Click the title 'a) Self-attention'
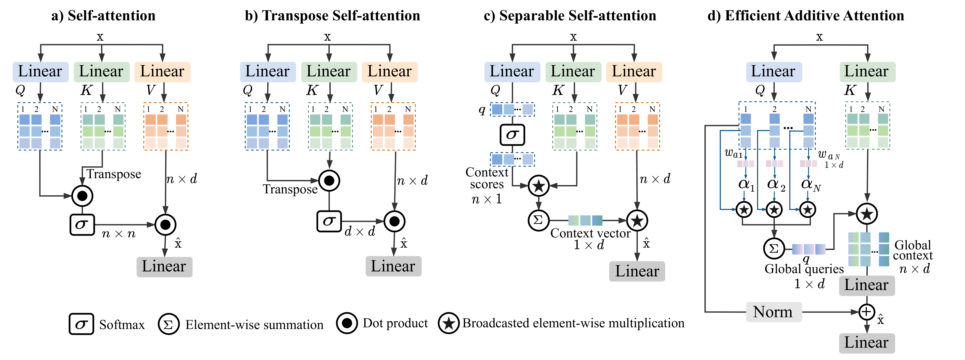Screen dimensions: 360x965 point(103,16)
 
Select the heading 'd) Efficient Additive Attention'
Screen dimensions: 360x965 point(805,16)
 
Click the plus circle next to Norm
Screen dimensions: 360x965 point(866,312)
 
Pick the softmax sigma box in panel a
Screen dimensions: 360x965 point(82,224)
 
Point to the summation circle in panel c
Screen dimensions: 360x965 point(538,220)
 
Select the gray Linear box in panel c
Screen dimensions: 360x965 point(637,271)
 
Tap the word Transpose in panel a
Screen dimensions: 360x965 point(114,174)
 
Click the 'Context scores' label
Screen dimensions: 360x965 point(487,178)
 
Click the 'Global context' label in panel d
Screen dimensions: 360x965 point(913,250)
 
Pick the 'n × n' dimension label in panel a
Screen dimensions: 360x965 point(118,234)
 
